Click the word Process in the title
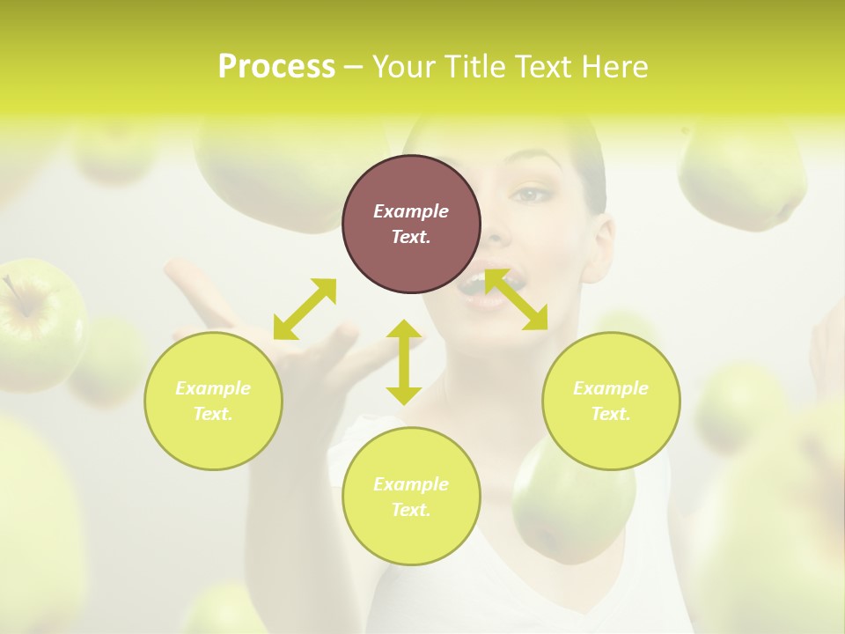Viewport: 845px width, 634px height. coord(276,67)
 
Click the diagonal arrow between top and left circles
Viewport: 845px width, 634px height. coord(305,309)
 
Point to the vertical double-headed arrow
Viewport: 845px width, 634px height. coord(404,362)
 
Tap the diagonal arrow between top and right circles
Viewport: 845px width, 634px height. coord(517,299)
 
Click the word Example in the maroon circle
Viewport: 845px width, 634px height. coord(411,211)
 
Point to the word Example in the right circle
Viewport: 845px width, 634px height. coord(611,388)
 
